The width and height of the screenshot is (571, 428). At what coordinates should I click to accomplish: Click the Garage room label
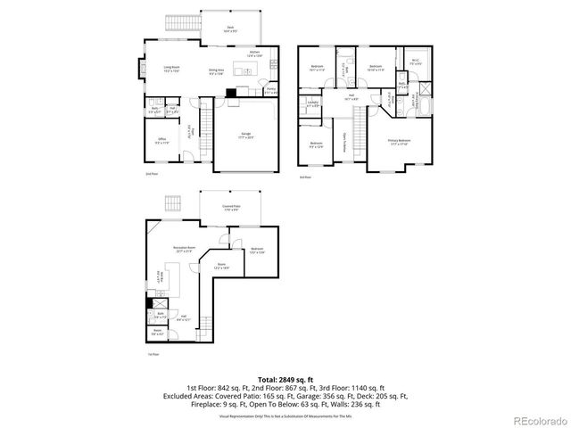coord(244,134)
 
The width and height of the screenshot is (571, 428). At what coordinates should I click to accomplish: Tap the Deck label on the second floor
coord(229,29)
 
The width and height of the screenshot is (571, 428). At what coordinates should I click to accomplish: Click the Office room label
coord(162,140)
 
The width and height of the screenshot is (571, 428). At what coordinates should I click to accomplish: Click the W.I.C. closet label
coord(415,62)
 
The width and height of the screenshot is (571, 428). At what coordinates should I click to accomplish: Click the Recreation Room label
coord(186,250)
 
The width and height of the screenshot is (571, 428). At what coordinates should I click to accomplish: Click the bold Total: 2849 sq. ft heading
coord(285,379)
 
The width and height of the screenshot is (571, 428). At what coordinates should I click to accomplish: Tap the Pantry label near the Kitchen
coord(271,91)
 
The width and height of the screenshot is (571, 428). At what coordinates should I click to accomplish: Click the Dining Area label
coord(216,71)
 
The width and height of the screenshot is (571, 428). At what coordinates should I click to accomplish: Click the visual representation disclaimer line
coord(285,416)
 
